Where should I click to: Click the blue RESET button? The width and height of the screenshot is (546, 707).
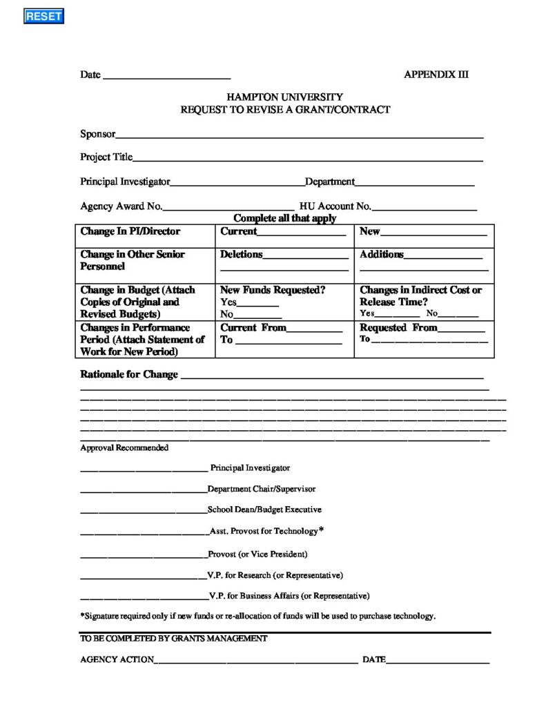pos(43,17)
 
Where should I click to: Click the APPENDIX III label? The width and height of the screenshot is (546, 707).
pos(436,75)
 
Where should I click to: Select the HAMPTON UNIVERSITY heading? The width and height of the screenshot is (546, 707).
pos(284,97)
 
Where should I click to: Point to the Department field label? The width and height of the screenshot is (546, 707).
pos(329,182)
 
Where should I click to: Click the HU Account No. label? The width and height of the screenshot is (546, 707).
pos(335,206)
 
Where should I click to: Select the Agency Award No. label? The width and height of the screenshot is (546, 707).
pos(121,206)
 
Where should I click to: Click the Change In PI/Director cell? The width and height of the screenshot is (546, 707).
pos(130,232)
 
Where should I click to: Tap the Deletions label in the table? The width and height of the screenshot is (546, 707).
pos(241,255)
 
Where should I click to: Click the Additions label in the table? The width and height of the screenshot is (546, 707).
pos(381,255)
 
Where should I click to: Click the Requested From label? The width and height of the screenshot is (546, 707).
pos(398,328)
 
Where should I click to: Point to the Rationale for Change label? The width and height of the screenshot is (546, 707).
pos(129,374)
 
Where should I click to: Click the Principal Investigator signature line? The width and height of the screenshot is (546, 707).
pos(144,469)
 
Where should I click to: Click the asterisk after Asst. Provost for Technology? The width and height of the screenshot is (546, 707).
pos(321,530)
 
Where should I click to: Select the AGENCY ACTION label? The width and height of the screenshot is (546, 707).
pos(117,659)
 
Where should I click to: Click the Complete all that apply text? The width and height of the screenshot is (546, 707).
pos(284,218)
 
